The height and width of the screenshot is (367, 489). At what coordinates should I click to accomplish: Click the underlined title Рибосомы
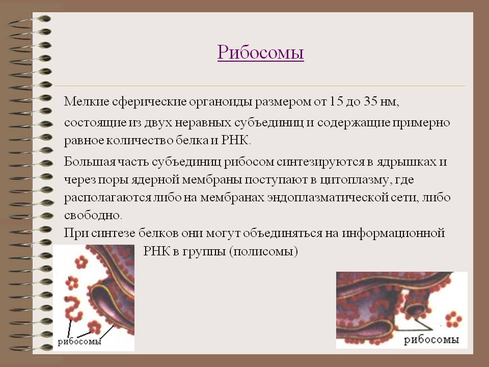click(x=260, y=52)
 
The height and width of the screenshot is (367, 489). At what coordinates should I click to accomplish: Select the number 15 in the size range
click(x=336, y=101)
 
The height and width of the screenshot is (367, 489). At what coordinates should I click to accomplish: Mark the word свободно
click(x=93, y=215)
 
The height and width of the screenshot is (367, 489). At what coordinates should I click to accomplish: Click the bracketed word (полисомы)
click(x=263, y=251)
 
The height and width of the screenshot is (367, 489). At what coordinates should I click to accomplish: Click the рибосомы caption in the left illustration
click(x=79, y=342)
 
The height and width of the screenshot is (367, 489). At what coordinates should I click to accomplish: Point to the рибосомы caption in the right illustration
click(x=431, y=340)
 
